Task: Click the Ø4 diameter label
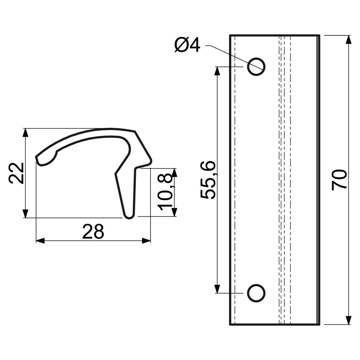coord(187,45)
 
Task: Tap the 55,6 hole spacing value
coord(208,180)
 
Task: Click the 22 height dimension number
coord(16,173)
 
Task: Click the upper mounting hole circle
coord(256,66)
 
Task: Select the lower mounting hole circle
coord(256,293)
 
